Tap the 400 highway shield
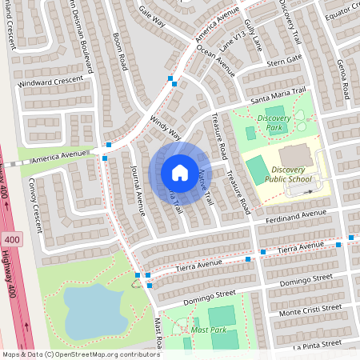pyautogui.click(x=11, y=240)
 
